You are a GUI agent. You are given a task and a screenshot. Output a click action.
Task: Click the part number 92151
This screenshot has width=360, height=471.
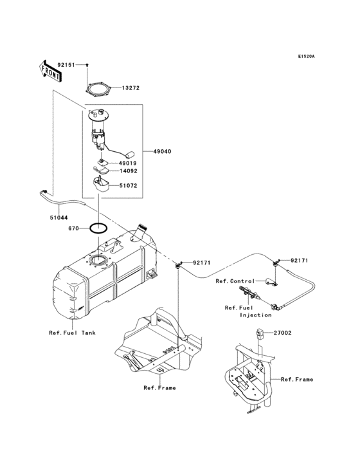click(67, 65)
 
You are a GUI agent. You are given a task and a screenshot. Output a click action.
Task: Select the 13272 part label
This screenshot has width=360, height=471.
click(131, 87)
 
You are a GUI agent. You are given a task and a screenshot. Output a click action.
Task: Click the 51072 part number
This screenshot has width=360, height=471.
click(127, 185)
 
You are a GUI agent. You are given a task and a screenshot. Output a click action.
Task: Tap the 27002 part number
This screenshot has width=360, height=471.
click(283, 333)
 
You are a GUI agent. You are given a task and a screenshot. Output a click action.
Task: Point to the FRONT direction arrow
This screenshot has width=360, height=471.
click(51, 71)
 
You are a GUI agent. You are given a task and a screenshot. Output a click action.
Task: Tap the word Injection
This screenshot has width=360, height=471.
click(256, 315)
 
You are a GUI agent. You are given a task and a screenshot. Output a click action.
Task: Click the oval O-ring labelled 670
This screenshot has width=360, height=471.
click(98, 228)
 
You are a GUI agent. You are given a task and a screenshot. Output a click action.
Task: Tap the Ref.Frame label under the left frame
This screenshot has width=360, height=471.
click(159, 388)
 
